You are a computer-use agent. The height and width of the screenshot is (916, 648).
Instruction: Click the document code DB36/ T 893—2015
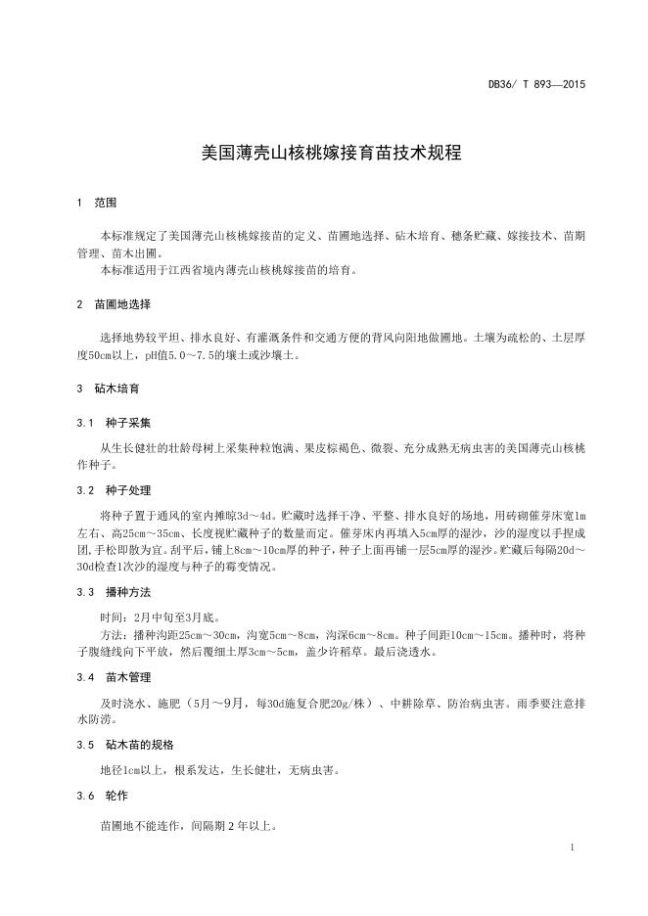[x=537, y=85]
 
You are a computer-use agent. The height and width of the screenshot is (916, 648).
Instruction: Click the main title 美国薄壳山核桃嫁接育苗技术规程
[x=324, y=154]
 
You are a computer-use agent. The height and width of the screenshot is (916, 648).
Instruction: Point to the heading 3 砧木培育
[x=108, y=389]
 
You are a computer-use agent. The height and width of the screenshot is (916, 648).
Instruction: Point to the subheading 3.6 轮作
[x=102, y=796]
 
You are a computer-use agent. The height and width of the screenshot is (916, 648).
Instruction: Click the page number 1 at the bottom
[x=571, y=847]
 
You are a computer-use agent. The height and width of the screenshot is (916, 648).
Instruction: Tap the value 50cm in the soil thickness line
[x=102, y=355]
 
